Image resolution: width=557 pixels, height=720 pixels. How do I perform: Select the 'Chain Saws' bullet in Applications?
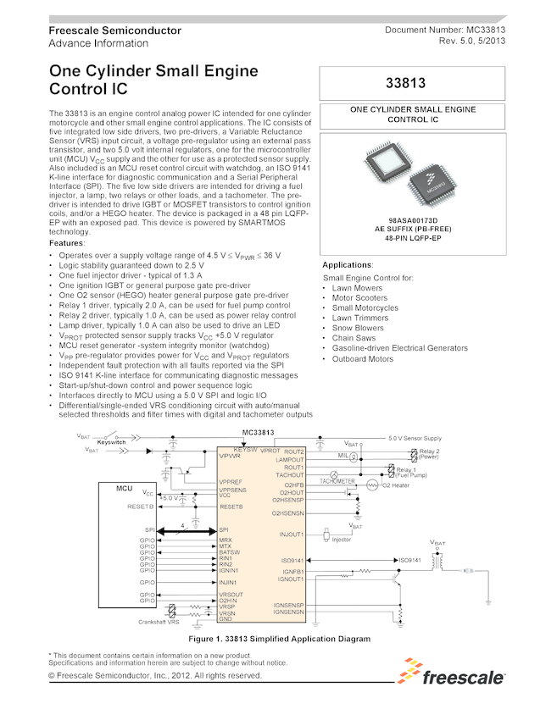tap(354, 338)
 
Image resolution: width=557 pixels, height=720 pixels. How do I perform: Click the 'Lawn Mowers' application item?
tap(356, 288)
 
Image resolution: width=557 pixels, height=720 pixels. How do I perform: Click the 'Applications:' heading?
tap(348, 265)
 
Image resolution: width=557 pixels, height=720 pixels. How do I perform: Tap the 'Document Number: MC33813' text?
tap(445, 30)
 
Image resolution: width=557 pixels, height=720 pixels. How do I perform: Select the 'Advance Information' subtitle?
tap(97, 43)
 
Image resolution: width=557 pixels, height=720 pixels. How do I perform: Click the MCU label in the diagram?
tap(124, 488)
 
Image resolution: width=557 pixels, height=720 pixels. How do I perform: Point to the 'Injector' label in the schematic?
tap(341, 540)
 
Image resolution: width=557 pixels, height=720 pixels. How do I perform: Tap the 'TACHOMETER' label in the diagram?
tap(337, 480)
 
